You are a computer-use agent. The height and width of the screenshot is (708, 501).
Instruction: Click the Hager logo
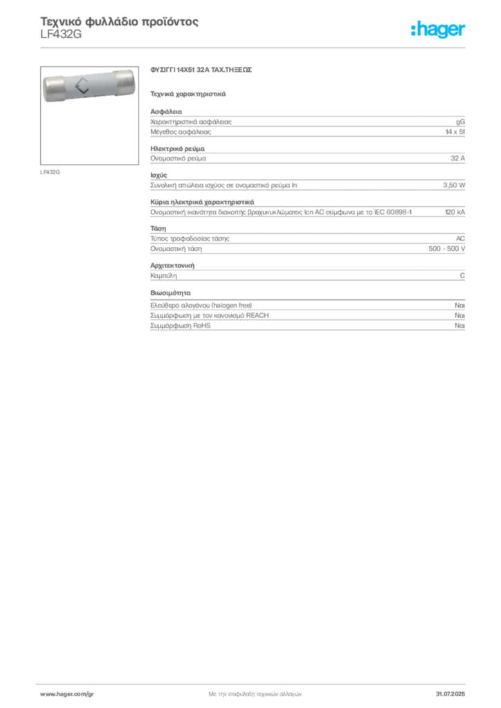(438, 29)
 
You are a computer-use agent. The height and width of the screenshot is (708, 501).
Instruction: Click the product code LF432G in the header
(61, 35)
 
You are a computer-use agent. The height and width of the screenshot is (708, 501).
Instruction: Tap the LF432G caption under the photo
(50, 172)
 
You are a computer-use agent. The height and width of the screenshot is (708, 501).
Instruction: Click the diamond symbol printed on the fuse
(82, 86)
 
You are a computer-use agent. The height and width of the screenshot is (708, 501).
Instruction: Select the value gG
(460, 122)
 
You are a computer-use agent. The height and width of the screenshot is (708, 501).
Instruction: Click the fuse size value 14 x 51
(455, 132)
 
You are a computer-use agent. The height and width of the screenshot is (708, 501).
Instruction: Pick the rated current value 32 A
(457, 158)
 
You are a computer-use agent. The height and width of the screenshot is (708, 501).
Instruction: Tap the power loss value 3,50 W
(453, 185)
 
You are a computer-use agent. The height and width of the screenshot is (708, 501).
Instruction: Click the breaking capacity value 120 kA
(455, 212)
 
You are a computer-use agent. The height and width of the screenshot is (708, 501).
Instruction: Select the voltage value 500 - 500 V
(447, 249)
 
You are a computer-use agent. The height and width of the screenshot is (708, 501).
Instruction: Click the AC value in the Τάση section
(460, 239)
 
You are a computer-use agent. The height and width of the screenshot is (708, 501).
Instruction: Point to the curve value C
(462, 275)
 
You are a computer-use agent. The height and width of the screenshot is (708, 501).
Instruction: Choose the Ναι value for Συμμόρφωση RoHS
(460, 326)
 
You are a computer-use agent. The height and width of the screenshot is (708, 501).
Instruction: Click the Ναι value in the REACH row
(460, 315)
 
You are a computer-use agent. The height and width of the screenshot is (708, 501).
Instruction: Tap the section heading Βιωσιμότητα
(170, 293)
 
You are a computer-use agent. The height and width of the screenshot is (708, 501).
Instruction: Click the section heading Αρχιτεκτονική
(172, 265)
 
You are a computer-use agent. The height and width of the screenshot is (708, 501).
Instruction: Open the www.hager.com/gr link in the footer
(67, 694)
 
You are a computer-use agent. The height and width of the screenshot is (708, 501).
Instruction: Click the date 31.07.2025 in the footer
(450, 694)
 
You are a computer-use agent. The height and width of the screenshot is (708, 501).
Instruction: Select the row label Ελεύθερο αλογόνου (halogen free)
(201, 306)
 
